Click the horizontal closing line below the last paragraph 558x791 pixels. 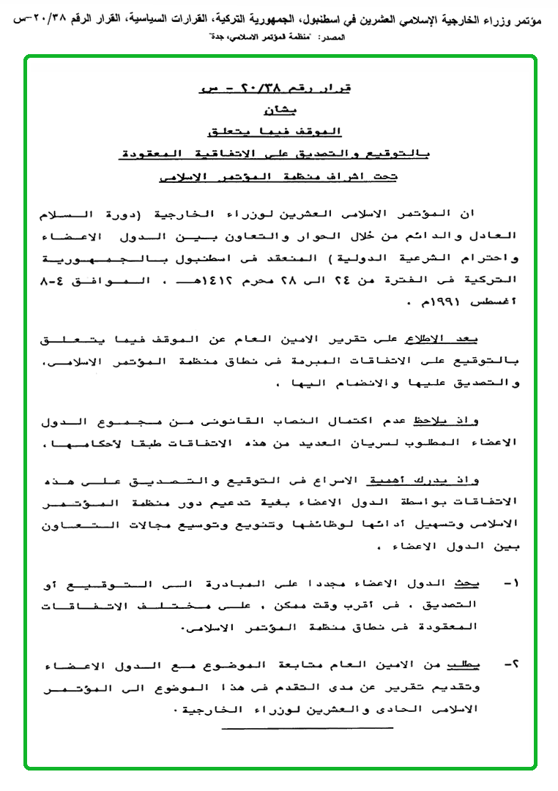tap(307, 728)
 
